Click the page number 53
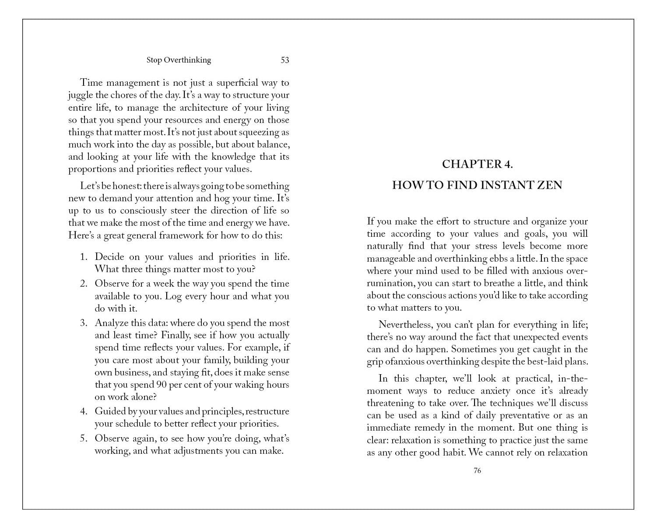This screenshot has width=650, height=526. tap(285, 60)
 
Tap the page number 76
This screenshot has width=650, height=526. tap(477, 470)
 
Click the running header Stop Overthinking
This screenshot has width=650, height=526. tap(179, 60)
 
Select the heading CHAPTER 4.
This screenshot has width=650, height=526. tap(477, 164)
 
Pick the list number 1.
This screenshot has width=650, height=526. tap(84, 257)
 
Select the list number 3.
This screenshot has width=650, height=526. tap(84, 323)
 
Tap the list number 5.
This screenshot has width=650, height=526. tap(84, 438)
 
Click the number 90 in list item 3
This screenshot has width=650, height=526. tap(161, 385)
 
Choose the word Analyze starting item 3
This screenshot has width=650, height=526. tap(111, 323)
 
